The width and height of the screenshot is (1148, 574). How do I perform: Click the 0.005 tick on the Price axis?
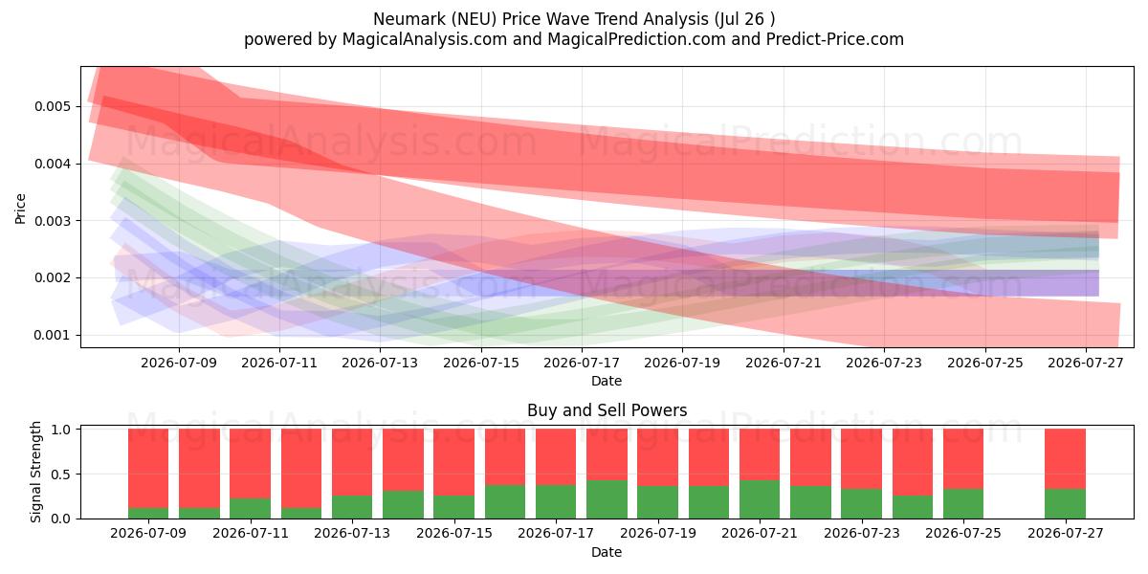pyautogui.click(x=53, y=106)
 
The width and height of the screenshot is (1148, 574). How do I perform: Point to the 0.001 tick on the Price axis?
pyautogui.click(x=53, y=335)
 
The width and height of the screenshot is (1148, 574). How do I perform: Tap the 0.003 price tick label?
pyautogui.click(x=53, y=221)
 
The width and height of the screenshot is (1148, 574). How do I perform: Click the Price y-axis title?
pyautogui.click(x=20, y=209)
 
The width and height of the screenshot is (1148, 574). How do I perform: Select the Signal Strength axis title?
pyautogui.click(x=35, y=472)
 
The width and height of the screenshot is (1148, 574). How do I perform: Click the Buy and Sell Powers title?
pyautogui.click(x=607, y=410)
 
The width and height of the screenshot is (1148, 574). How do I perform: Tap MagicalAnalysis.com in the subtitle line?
pyautogui.click(x=425, y=39)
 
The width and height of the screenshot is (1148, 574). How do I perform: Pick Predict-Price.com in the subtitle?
pyautogui.click(x=835, y=39)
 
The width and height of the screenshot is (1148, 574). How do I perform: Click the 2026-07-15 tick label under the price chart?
pyautogui.click(x=480, y=363)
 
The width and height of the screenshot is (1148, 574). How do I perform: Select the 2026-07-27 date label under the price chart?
pyautogui.click(x=1086, y=363)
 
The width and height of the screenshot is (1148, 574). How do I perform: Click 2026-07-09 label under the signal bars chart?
pyautogui.click(x=148, y=533)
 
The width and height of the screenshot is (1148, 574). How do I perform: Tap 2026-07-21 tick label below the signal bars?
pyautogui.click(x=760, y=533)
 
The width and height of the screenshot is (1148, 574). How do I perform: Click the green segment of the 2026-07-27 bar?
pyautogui.click(x=1065, y=504)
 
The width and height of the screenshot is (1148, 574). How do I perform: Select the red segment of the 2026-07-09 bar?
pyautogui.click(x=148, y=469)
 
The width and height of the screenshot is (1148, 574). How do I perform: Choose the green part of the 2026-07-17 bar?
pyautogui.click(x=556, y=501)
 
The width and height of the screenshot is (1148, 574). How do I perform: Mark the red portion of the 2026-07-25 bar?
pyautogui.click(x=963, y=459)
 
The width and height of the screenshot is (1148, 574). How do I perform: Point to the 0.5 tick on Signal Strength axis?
pyautogui.click(x=62, y=475)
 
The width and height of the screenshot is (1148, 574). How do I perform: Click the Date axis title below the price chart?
pyautogui.click(x=607, y=381)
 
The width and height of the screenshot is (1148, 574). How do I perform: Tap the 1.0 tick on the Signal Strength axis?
pyautogui.click(x=62, y=430)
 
